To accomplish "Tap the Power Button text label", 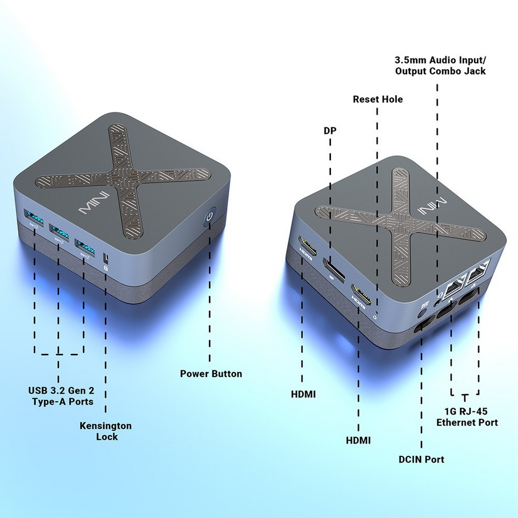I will pos(211,374).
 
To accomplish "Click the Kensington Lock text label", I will pos(106,431).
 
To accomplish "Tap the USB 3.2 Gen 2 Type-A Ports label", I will pos(61,396).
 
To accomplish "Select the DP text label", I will pos(330,130).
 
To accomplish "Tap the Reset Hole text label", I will pos(377,99).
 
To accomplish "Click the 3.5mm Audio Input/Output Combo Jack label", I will pos(440,66).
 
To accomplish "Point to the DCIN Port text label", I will pos(421,459).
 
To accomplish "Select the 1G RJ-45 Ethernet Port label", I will pos(467,417).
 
